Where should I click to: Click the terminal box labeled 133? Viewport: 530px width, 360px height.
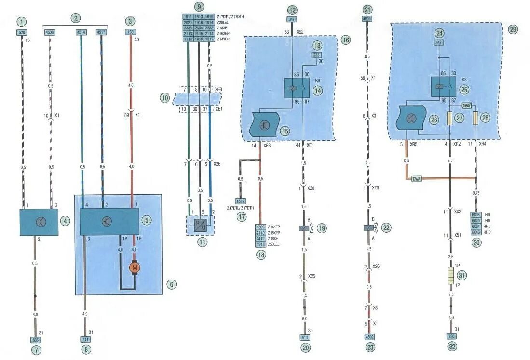coord(130,33)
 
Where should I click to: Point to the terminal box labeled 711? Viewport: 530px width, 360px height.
coord(85,339)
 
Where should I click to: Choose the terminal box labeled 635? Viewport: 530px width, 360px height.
coord(35,339)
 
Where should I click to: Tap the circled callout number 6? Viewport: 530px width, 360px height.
coord(171,284)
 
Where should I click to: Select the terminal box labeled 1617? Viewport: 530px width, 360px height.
coord(240,201)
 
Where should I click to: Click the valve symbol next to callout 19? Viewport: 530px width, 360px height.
coord(305,228)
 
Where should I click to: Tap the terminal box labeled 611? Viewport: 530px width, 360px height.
coord(305,337)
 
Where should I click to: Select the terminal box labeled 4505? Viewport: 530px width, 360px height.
coord(368,20)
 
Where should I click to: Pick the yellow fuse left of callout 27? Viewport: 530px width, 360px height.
coord(450,119)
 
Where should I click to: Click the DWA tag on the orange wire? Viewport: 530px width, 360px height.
coord(416,178)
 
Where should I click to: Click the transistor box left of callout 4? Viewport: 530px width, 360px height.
coord(39,222)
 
